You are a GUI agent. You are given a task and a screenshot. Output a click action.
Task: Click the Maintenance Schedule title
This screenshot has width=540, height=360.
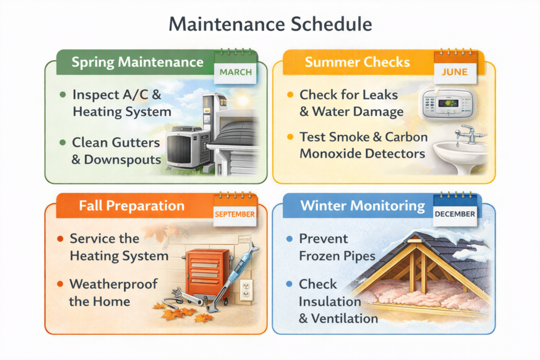(269, 25)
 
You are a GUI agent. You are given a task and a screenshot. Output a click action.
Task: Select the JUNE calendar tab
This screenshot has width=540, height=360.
(455, 73)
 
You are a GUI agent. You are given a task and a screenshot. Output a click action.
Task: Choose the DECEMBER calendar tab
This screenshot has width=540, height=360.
(455, 214)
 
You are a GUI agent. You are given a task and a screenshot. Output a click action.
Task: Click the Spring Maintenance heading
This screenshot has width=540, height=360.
(137, 62)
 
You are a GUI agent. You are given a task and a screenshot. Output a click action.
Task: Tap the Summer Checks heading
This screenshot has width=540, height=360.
(357, 62)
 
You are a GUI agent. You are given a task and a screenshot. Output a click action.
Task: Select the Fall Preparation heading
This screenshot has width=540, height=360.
(132, 205)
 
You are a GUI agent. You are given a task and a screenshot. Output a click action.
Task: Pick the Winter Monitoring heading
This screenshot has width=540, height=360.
(363, 205)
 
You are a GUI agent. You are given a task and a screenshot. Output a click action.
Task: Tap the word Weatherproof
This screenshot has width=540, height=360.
(113, 284)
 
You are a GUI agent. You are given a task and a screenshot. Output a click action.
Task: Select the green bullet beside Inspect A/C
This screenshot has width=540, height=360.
(63, 95)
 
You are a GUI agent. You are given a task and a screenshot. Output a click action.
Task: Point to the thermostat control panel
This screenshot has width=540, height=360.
(449, 104)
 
